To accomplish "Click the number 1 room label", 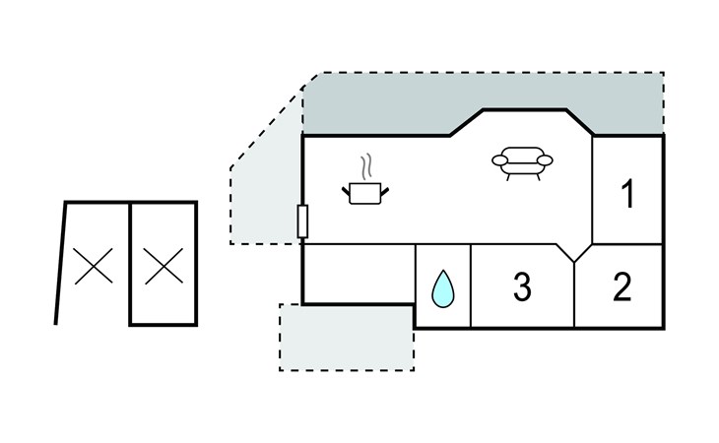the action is coord(627,194).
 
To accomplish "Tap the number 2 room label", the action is coord(622,286).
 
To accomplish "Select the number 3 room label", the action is coord(522,286).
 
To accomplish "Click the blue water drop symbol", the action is coord(443,288).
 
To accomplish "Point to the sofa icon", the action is coord(522,163).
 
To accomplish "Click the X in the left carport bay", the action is coord(94,266).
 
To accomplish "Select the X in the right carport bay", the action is coord(163,266).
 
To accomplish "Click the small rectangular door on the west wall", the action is coord(302,221).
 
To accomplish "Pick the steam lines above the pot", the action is coord(365,166).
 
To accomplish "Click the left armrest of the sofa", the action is coord(499,160).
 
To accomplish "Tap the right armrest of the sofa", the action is coord(545,160).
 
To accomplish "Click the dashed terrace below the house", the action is coord(347,338).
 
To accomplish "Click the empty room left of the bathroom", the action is coord(359,274).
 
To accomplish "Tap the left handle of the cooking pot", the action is coord(346,192).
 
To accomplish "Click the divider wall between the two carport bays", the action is coord(130,264).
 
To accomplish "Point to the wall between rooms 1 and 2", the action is coord(627,244).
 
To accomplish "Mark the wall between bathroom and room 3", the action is coord(471,286).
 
